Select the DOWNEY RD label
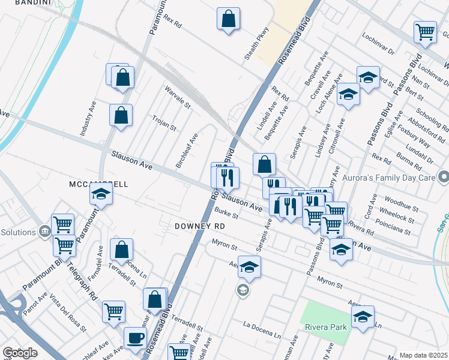point(199,226)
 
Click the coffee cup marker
point(135,337)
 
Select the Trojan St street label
point(164,124)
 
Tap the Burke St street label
point(227,214)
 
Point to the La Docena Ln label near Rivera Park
point(262,329)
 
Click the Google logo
point(20,353)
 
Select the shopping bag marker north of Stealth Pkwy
point(229,19)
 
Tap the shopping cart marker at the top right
point(425,32)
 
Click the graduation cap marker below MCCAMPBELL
point(101,194)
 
